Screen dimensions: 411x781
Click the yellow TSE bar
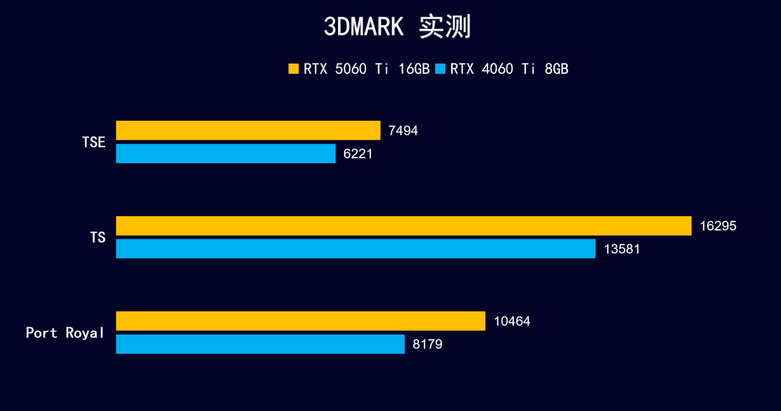248,131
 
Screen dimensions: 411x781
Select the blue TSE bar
226,153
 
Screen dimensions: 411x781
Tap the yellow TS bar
403,226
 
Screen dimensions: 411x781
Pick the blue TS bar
356,249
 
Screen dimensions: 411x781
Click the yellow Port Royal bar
300,321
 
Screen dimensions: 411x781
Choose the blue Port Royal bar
260,344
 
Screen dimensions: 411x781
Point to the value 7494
403,131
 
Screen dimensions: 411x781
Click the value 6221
358,154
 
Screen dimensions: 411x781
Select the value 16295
718,226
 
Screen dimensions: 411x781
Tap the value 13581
622,249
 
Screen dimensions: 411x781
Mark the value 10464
512,321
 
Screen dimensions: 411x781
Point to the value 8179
427,344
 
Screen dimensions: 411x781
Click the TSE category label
94,142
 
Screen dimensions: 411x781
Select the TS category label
98,238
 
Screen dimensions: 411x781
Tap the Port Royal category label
65,333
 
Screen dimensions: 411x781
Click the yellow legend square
293,69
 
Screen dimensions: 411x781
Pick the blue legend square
441,69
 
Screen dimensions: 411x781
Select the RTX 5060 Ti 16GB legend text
367,69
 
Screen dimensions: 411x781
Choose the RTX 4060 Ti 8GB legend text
509,69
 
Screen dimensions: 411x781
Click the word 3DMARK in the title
364,27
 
